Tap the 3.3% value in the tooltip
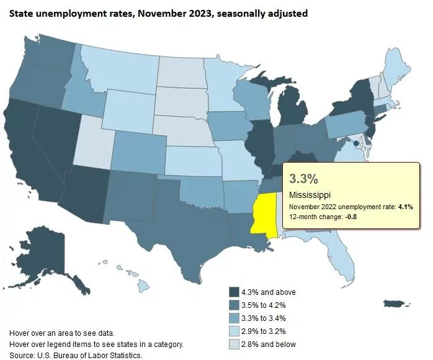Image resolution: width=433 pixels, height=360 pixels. tap(303, 179)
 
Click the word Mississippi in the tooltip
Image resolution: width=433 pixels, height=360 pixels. tap(310, 195)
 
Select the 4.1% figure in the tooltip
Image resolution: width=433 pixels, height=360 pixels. tap(404, 207)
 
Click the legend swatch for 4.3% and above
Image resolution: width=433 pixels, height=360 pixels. tap(234, 292)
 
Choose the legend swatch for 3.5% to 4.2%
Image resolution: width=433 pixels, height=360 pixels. tap(234, 305)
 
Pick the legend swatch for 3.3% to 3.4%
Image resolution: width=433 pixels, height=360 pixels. tap(234, 318)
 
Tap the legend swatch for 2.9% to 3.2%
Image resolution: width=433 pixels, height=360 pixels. tap(234, 331)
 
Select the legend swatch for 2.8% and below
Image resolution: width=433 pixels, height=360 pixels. tap(234, 344)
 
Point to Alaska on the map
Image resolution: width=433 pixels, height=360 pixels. tap(53, 254)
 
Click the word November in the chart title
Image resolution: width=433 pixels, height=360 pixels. tap(150, 13)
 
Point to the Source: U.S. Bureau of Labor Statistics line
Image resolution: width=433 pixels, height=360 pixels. tap(76, 355)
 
